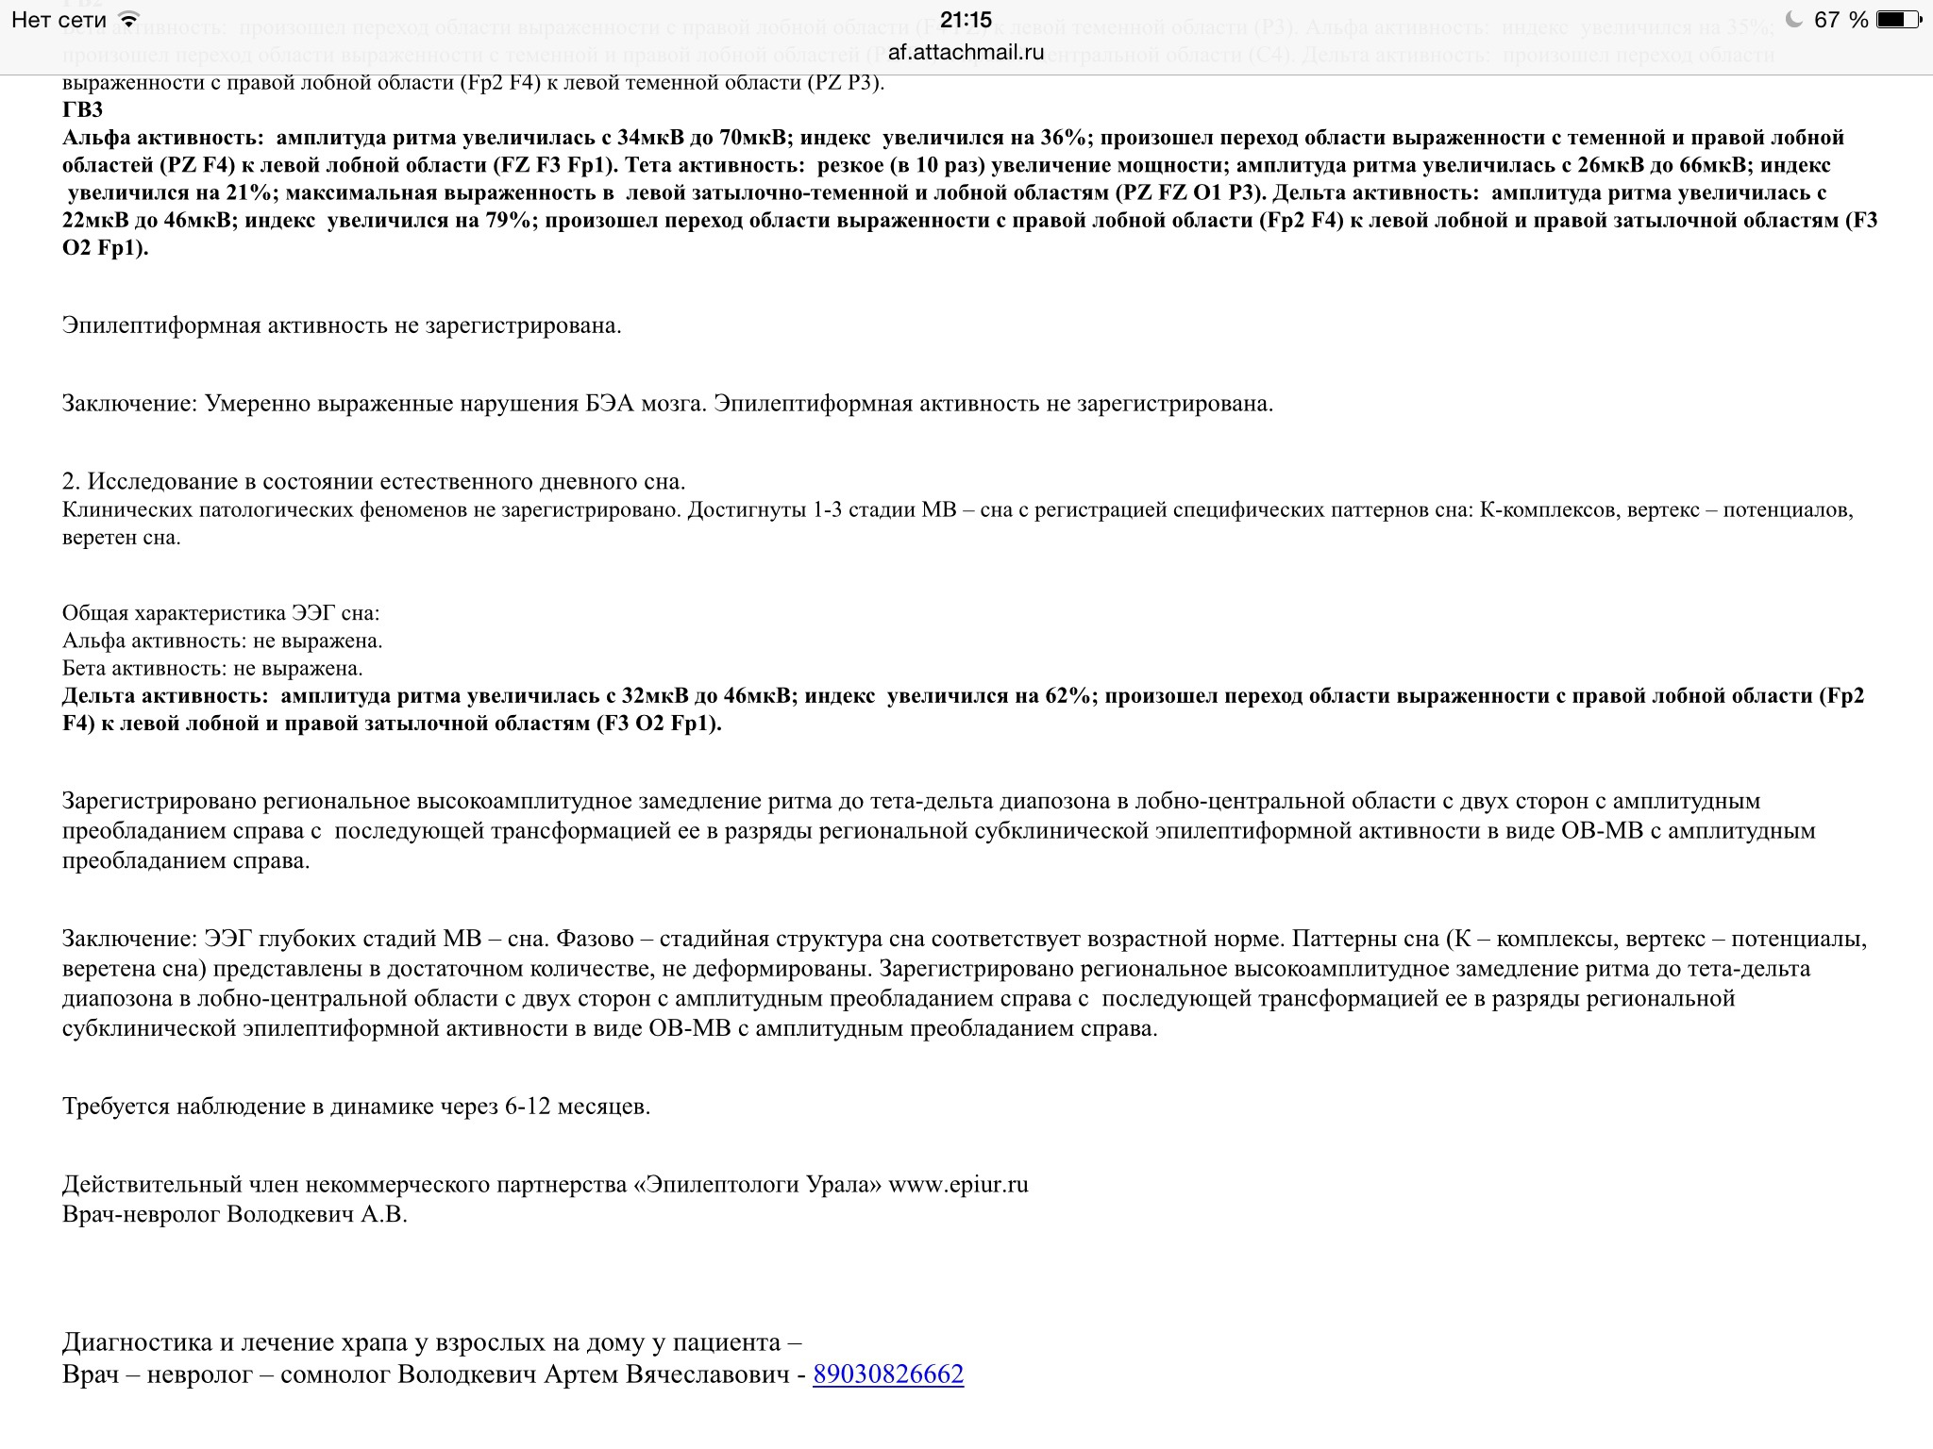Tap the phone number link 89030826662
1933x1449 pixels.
[x=888, y=1374]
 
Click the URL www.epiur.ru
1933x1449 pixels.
[x=958, y=1185]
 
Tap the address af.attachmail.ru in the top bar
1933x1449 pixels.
[x=966, y=52]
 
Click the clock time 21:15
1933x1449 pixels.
[x=966, y=20]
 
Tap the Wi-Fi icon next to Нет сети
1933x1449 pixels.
[x=130, y=20]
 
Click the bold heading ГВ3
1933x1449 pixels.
[x=83, y=109]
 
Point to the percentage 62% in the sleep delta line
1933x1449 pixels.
[x=1069, y=696]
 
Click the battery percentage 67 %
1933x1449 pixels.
[x=1841, y=20]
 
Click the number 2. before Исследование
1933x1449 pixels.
[x=72, y=481]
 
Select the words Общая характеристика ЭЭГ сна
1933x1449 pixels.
[x=220, y=613]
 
